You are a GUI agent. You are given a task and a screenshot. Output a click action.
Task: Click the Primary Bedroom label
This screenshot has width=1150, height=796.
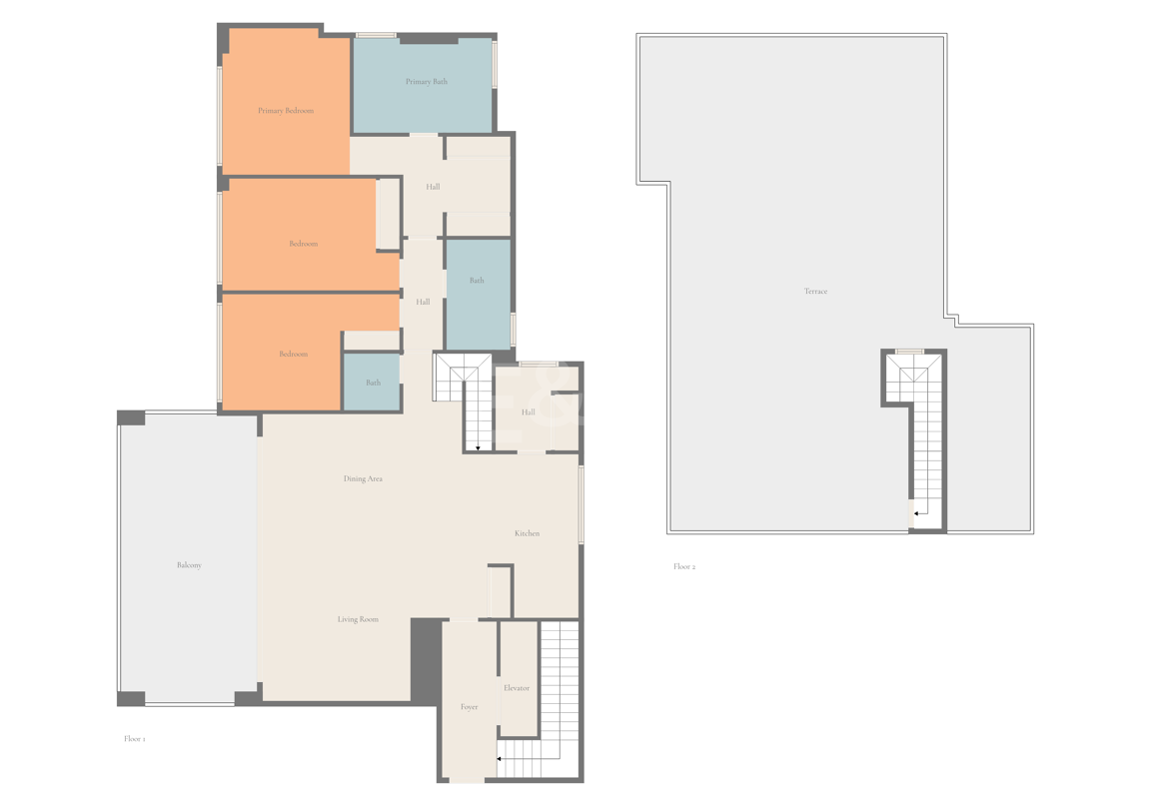pos(286,111)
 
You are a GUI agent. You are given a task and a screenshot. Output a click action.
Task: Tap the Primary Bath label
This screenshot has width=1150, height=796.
pos(426,82)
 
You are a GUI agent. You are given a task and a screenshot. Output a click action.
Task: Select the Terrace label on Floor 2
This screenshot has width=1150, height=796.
pos(815,292)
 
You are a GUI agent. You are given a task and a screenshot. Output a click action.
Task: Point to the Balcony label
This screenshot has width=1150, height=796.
pos(189,565)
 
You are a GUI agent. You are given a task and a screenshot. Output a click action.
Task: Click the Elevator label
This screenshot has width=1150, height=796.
pos(517,688)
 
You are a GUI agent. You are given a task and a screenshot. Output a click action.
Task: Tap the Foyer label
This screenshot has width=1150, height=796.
pos(469,707)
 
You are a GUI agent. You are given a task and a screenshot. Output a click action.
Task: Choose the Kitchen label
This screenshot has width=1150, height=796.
pos(527,533)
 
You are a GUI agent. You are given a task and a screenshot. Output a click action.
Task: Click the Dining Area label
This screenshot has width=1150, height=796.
pos(363,479)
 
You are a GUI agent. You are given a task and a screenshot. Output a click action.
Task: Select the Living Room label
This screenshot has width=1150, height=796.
pos(358,620)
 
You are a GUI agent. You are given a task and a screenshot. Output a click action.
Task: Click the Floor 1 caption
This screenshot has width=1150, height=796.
pos(134,739)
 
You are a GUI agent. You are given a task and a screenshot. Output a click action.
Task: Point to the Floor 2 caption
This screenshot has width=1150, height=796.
pos(683,567)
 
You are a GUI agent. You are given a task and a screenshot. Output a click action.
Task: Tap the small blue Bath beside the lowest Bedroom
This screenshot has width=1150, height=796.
pos(373,383)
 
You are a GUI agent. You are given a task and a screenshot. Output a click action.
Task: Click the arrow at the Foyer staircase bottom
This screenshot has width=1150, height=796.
pos(500,759)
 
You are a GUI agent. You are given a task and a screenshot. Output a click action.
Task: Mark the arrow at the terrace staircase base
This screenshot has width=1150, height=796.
pos(916,513)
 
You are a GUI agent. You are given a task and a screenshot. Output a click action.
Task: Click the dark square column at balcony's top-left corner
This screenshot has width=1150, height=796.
pos(131,417)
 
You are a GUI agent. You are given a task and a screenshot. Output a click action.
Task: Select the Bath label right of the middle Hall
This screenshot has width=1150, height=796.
pos(477,281)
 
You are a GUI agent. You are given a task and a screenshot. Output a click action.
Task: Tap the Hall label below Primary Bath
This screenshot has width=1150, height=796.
pos(433,187)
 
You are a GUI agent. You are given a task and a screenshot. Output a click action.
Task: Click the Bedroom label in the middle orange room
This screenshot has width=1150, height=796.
pos(303,244)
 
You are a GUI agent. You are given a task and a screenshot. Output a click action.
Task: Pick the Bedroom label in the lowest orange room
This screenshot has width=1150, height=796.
pos(293,355)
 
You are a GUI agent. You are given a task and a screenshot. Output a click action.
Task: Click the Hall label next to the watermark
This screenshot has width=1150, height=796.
pos(528,412)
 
